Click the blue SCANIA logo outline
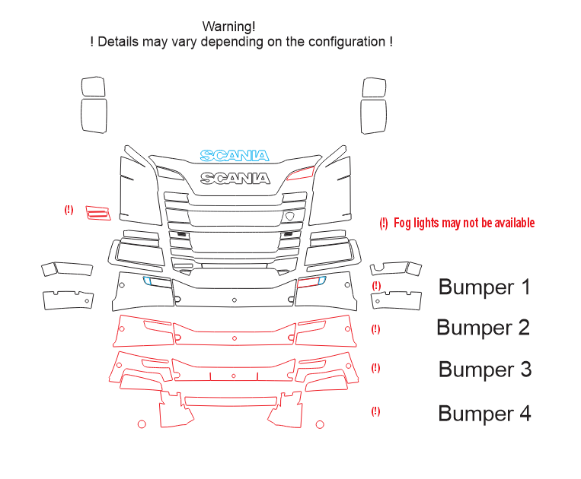click(x=235, y=156)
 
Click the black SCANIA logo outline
click(x=235, y=179)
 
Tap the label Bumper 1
click(x=484, y=287)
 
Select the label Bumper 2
click(x=484, y=328)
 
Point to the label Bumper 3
click(x=485, y=370)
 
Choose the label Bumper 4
click(x=484, y=413)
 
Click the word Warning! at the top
click(x=228, y=27)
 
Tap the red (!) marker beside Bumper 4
click(x=375, y=411)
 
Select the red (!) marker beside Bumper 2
click(x=375, y=329)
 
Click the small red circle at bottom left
click(x=142, y=424)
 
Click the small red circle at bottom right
click(x=320, y=424)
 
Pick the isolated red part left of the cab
click(x=98, y=213)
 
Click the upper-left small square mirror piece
click(x=93, y=87)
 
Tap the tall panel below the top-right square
click(x=373, y=116)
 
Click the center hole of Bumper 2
click(x=235, y=338)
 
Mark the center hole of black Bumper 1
click(x=235, y=300)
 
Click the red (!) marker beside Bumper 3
click(x=375, y=368)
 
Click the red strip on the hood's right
click(x=301, y=173)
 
